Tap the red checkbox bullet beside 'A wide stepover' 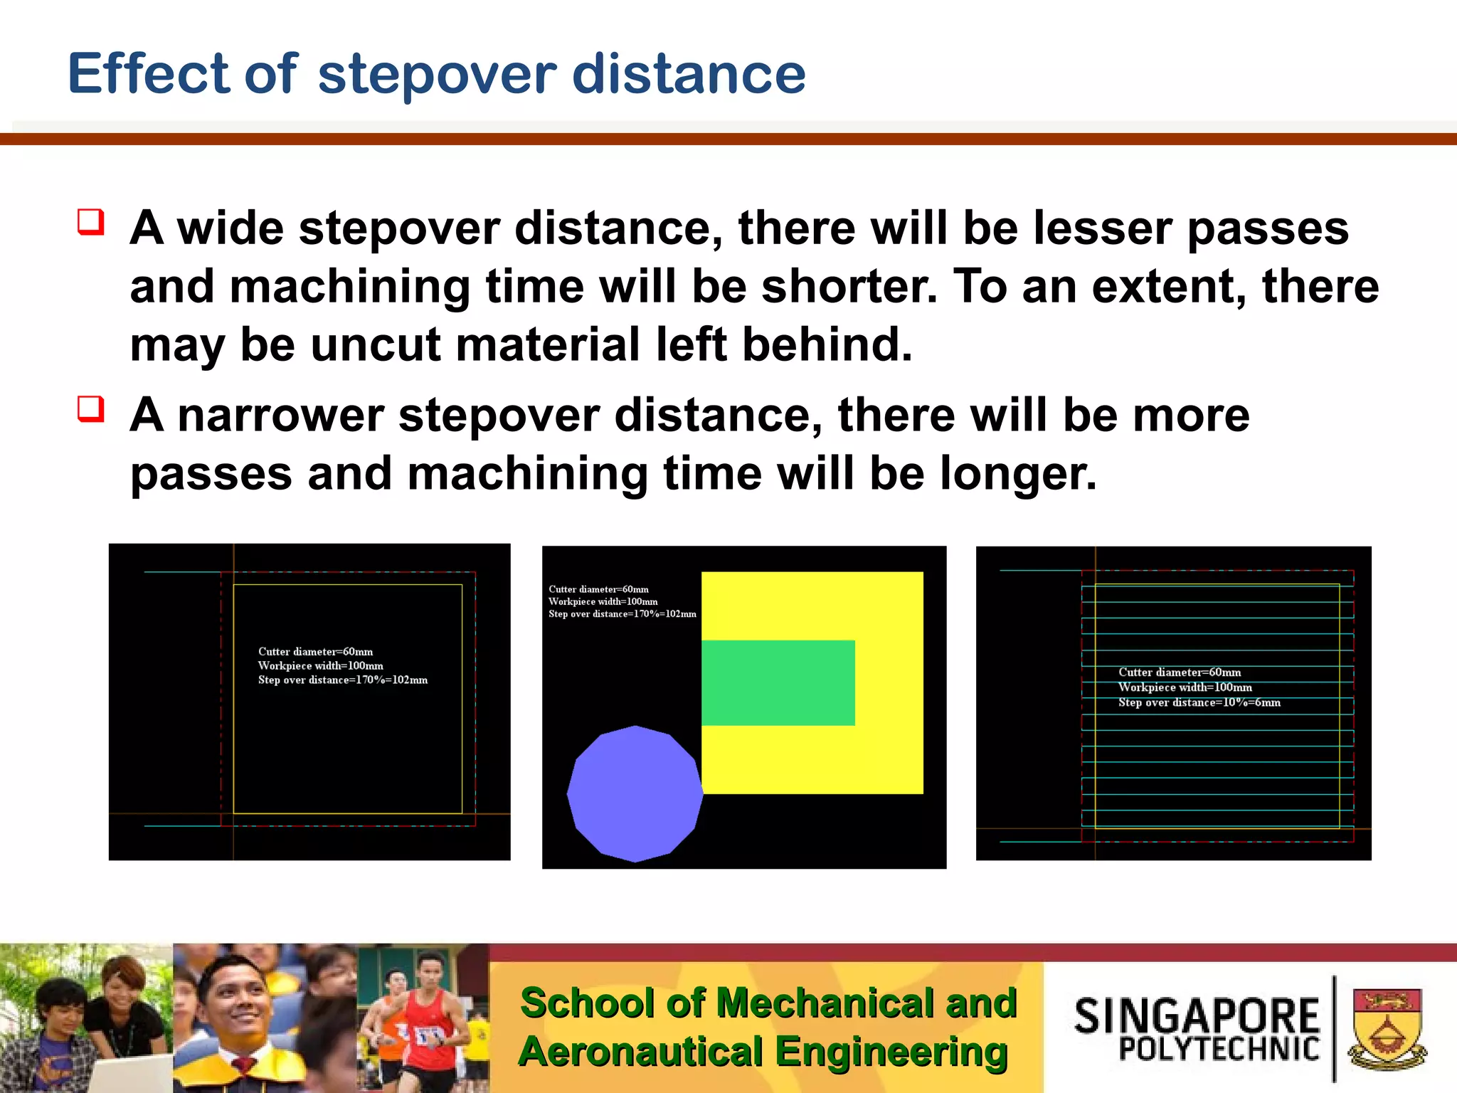coord(91,222)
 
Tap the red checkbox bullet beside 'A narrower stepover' coord(91,409)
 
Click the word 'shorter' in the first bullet coord(849,286)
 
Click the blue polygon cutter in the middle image coord(635,793)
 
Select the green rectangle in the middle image coord(778,682)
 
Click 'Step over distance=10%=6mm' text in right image coord(1199,702)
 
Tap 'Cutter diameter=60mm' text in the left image coord(315,652)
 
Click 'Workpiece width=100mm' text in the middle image coord(603,601)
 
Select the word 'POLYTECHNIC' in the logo coord(1219,1050)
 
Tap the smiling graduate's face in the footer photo coord(235,996)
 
